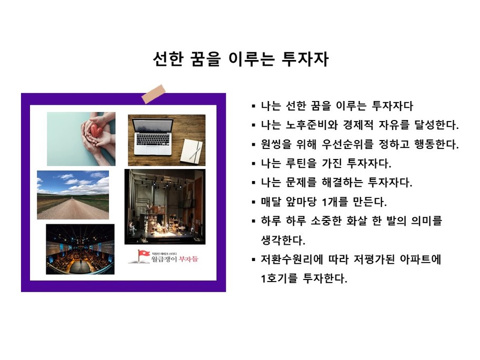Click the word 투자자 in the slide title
pyautogui.click(x=305, y=59)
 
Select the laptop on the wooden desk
pyautogui.click(x=152, y=136)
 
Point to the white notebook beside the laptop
pyautogui.click(x=192, y=151)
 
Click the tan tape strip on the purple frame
pyautogui.click(x=153, y=94)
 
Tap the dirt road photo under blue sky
pyautogui.click(x=73, y=195)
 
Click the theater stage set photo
pyautogui.click(x=165, y=207)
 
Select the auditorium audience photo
pyautogui.click(x=80, y=249)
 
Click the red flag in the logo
pyautogui.click(x=143, y=254)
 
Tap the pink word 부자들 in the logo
pyautogui.click(x=188, y=259)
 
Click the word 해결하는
pyautogui.click(x=342, y=183)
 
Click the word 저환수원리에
pyautogui.click(x=292, y=259)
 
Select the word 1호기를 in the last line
pyautogui.click(x=279, y=278)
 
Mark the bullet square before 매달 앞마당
pyautogui.click(x=254, y=202)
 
